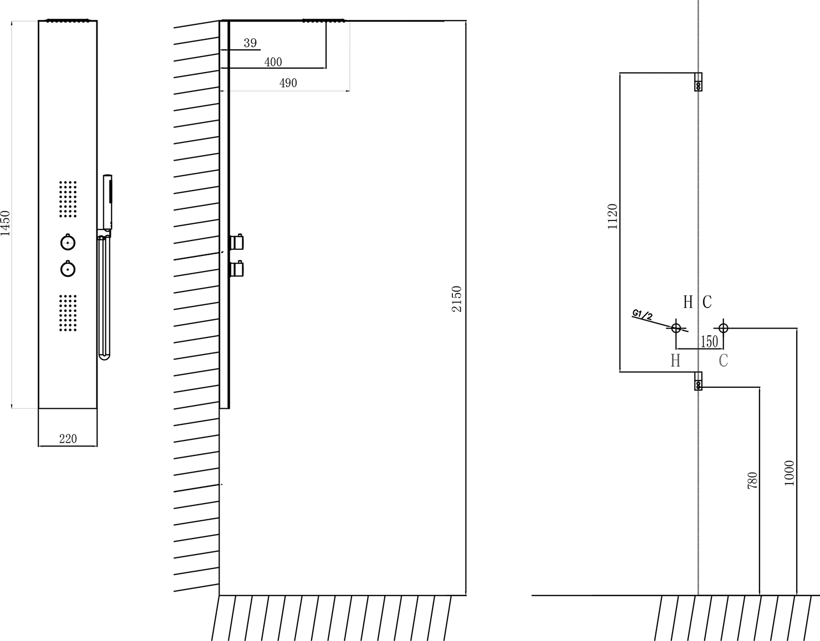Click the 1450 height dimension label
tap(6, 223)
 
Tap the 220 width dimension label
tap(68, 439)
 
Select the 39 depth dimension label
tap(250, 43)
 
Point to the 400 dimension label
tap(273, 62)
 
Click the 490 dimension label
tap(288, 83)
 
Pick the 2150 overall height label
tap(457, 299)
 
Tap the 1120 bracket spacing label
tap(613, 217)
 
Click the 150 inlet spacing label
tap(710, 342)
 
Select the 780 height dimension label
tap(752, 480)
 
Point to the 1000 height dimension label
tap(790, 473)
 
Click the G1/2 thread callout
tap(642, 315)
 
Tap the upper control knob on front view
tap(68, 243)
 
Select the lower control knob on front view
tap(68, 269)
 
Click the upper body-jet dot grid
tap(68, 199)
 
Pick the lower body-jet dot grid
tap(68, 314)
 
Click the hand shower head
tap(108, 202)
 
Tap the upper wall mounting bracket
tap(699, 82)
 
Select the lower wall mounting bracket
tap(699, 381)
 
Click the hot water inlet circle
tap(676, 328)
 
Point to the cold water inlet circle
tap(724, 328)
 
